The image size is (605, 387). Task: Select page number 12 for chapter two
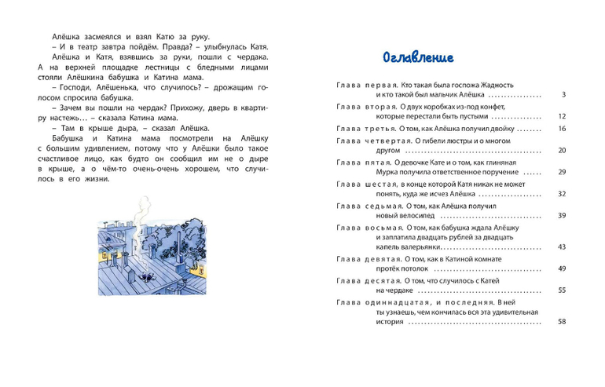(562, 116)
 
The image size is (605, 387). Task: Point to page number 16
(562, 129)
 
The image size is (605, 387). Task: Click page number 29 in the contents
(562, 172)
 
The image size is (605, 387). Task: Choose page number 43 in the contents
(562, 246)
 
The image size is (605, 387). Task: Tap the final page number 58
(562, 321)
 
